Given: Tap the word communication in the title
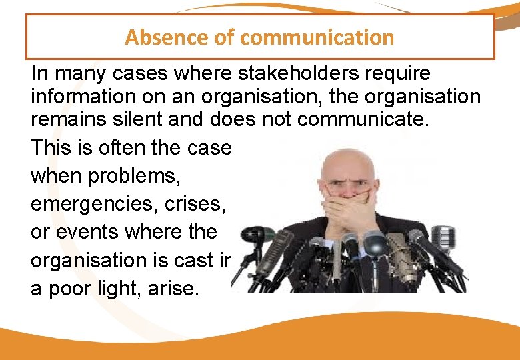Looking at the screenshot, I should pyautogui.click(x=317, y=37).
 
